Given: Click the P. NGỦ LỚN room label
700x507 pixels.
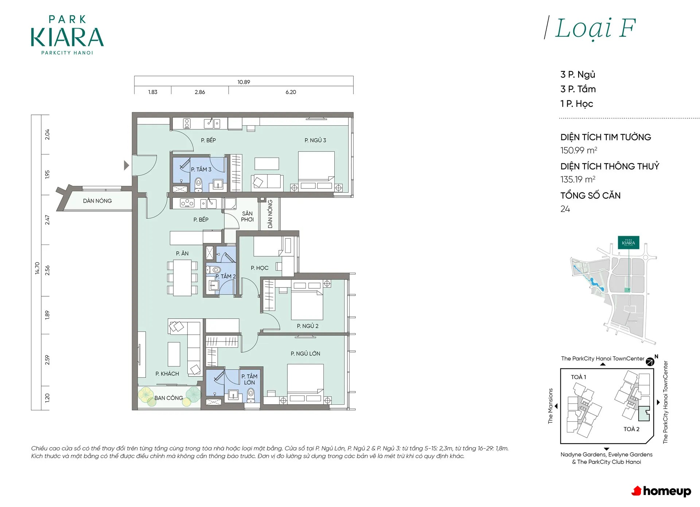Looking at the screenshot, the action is [306, 354].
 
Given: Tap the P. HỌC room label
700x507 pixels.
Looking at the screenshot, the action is [260, 268].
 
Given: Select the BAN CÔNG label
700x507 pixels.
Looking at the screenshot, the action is [168, 398].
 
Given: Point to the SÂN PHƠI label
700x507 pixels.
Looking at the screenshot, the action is [247, 217].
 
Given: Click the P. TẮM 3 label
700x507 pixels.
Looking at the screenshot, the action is [201, 169].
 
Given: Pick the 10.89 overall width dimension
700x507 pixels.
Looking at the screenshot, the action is [244, 82].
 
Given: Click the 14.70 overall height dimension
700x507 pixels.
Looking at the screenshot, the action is [37, 268].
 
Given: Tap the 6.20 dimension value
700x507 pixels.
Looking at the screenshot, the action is [291, 92].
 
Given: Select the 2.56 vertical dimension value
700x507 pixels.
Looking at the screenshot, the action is [47, 270].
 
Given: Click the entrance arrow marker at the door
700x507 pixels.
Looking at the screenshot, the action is [126, 165].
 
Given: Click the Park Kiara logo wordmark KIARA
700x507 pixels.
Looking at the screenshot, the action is [67, 38].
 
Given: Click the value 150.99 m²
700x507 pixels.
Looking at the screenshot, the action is [579, 150].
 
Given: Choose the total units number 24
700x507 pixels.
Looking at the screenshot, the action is [565, 209].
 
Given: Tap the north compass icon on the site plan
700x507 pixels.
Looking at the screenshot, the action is [650, 362].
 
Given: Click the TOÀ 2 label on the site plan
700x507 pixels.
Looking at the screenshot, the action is [631, 429].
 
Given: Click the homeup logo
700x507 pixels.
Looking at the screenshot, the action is [661, 491].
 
